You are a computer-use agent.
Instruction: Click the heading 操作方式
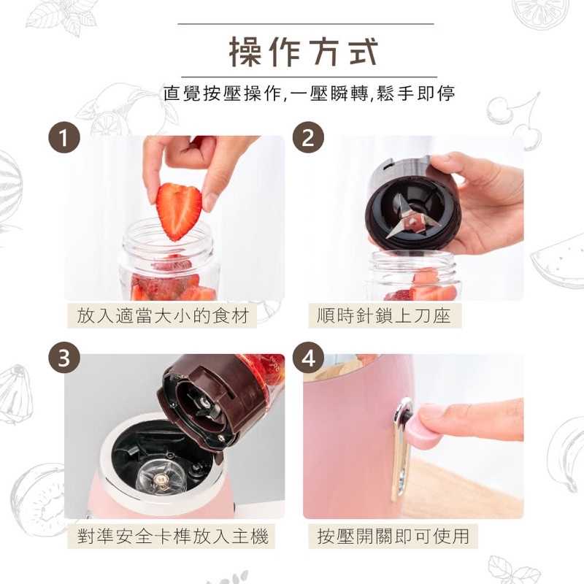(305, 51)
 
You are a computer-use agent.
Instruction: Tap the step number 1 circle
(64, 138)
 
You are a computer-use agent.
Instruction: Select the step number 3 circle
(64, 358)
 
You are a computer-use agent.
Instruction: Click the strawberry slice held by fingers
(179, 210)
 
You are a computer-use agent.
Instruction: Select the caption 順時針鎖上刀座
(389, 316)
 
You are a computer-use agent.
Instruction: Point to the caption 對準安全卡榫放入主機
(173, 537)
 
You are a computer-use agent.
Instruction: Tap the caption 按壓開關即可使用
(393, 537)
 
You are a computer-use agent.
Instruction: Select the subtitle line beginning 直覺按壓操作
(310, 93)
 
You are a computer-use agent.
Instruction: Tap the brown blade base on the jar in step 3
(212, 394)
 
